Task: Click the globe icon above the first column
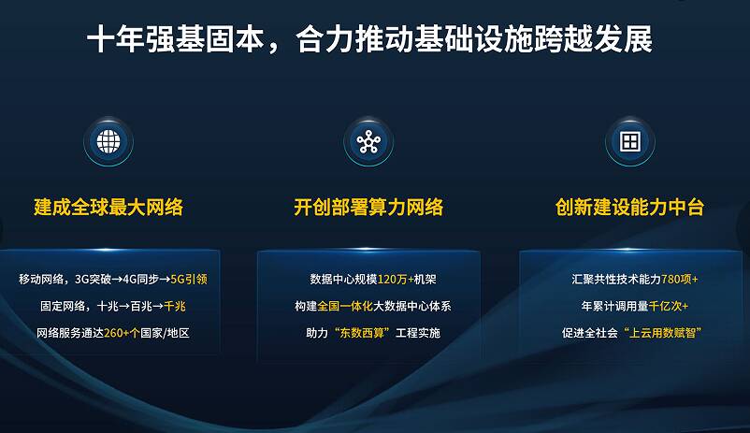tap(108, 141)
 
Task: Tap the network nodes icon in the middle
tap(368, 141)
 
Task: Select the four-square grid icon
tap(630, 141)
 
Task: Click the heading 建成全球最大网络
tap(108, 208)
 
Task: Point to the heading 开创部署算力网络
tap(368, 208)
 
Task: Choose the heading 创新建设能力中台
tap(629, 208)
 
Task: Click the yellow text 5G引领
tap(189, 279)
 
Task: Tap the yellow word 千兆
tap(175, 306)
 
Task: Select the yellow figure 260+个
tap(122, 333)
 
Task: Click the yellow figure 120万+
tap(396, 279)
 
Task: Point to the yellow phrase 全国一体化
tap(345, 306)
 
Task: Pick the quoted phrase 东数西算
tap(362, 333)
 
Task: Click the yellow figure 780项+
tap(680, 279)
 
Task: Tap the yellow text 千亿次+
tap(669, 306)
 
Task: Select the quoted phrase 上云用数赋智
tap(662, 333)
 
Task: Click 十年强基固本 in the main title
tap(176, 39)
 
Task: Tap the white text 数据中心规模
tap(343, 279)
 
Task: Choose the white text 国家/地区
tap(165, 333)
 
